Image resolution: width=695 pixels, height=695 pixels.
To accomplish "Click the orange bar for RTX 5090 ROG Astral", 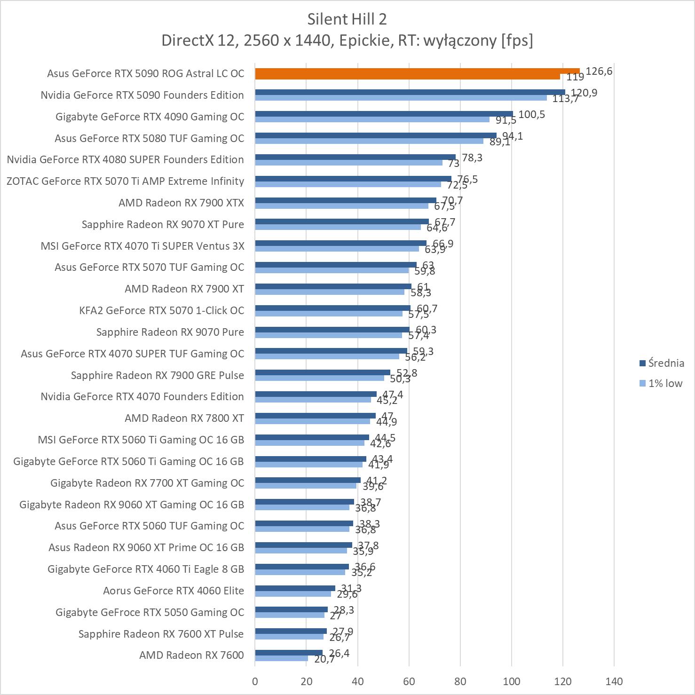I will coord(417,71).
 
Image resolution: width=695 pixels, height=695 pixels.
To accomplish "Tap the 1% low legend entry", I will coord(665,383).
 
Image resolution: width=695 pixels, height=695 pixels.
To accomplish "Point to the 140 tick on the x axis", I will coord(614,681).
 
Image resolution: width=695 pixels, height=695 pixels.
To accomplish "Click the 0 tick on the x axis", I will coord(255,681).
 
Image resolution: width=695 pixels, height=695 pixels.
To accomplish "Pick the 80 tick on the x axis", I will coord(460,681).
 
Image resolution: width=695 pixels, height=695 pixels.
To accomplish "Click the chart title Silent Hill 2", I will coord(347,19).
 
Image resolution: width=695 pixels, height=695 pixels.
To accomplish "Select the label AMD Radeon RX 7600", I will coord(191,655).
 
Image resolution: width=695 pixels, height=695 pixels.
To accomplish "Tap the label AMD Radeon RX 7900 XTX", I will coord(181,203).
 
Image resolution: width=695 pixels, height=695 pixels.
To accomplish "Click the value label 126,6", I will coord(599,71).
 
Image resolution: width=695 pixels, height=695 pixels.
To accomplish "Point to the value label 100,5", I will coord(531,114).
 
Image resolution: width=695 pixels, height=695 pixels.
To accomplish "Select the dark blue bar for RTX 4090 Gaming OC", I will coord(384,114).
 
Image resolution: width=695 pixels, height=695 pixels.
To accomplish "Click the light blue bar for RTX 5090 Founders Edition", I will coord(401,98).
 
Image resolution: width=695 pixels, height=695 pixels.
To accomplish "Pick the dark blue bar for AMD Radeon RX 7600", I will coord(289,653).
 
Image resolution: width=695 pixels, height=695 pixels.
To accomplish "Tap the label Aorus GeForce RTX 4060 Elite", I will coord(174,591).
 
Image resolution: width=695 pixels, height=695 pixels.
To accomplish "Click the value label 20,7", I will coord(324,659).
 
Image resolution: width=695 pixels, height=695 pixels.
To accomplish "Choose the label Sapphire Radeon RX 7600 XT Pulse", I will coord(161,634).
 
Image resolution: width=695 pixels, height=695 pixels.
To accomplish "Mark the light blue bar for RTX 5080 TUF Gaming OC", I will coord(369,141).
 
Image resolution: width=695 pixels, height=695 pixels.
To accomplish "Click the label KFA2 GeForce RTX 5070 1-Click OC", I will coord(162,310).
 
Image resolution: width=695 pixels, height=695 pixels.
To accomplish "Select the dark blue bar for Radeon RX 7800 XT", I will coord(315,416).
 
